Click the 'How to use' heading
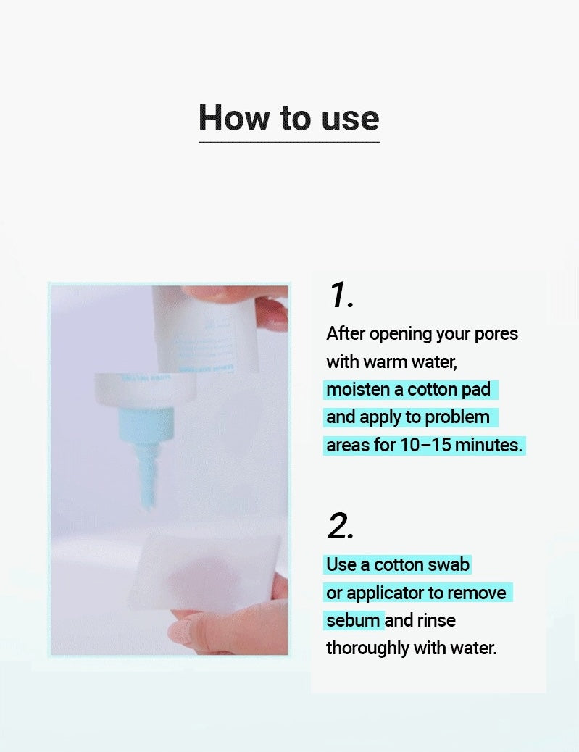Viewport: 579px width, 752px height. [289, 117]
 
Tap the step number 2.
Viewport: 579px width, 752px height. [341, 526]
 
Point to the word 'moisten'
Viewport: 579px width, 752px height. [358, 389]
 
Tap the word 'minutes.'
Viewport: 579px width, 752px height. [489, 445]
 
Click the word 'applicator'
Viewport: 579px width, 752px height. [384, 593]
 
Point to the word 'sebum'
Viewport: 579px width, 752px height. [353, 620]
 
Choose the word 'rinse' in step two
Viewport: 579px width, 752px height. [436, 620]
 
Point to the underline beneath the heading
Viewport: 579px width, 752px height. [289, 142]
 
